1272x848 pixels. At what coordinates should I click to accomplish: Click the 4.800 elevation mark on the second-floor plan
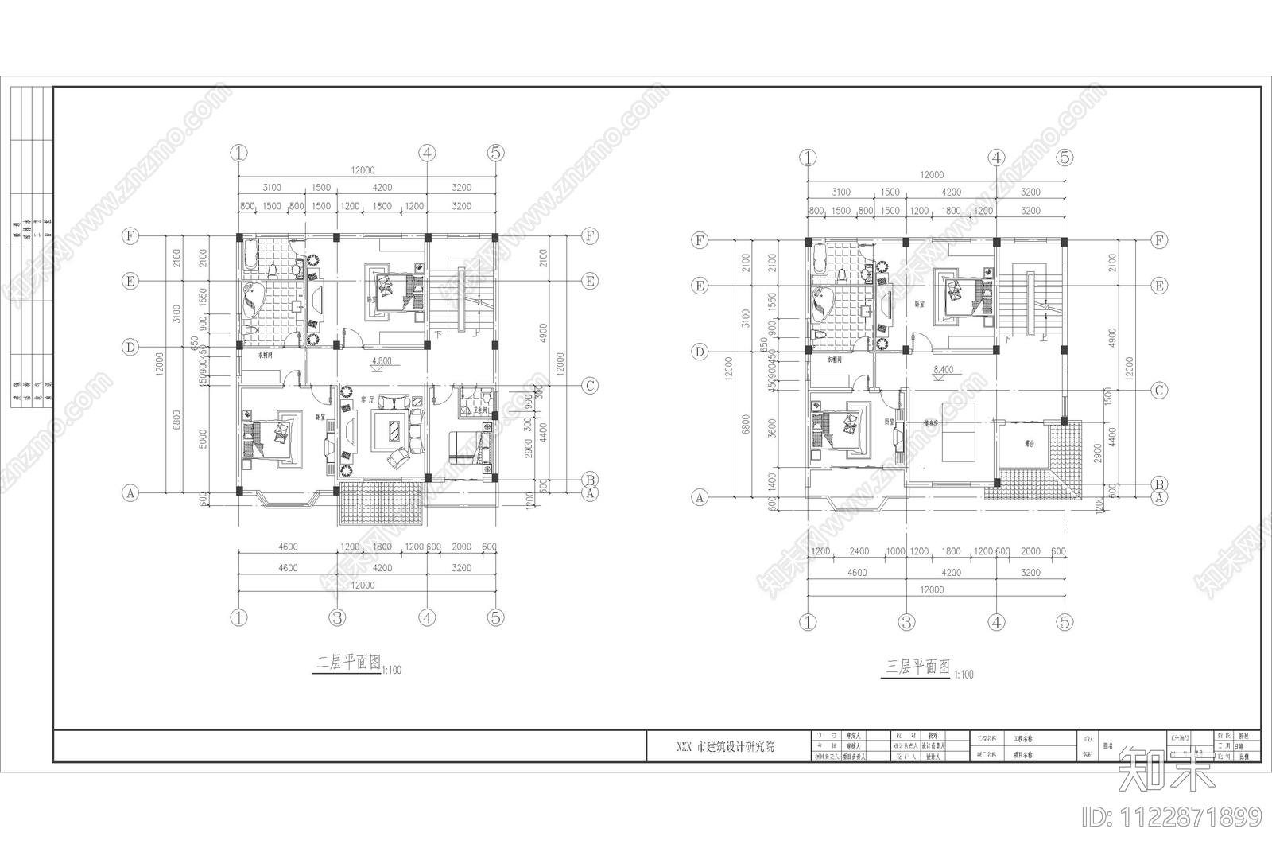[382, 361]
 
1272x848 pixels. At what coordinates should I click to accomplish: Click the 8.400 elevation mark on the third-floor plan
[943, 370]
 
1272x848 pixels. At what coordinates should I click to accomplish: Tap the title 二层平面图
[348, 663]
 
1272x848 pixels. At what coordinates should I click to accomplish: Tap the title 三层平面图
[918, 667]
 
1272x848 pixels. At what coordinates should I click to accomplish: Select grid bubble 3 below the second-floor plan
[338, 617]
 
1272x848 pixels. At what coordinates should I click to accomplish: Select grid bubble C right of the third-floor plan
[1159, 390]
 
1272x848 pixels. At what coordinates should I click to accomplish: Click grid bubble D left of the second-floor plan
[130, 347]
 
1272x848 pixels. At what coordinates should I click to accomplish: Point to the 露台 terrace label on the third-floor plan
[1029, 444]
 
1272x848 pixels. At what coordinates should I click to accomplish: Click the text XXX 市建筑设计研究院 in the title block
[724, 747]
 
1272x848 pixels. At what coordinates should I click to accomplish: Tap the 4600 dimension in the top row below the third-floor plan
[857, 572]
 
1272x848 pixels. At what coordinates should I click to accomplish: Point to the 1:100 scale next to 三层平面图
[962, 675]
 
